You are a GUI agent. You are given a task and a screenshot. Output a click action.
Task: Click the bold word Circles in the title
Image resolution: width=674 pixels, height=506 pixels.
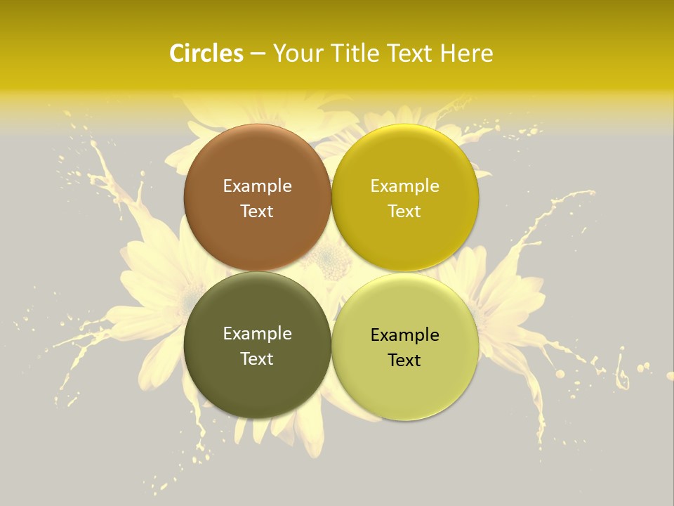206,53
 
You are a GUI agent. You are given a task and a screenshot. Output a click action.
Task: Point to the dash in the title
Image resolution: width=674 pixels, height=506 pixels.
258,54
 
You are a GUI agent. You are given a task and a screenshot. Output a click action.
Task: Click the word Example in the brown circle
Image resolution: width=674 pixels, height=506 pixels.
257,186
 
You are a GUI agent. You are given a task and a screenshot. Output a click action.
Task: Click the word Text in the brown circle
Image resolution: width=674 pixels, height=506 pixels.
257,212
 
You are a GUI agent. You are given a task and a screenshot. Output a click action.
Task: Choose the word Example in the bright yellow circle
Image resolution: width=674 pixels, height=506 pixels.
404,186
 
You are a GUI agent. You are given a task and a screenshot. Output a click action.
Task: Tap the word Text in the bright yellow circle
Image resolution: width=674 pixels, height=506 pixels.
404,212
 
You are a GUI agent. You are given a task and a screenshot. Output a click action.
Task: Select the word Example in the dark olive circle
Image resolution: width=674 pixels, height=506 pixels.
257,334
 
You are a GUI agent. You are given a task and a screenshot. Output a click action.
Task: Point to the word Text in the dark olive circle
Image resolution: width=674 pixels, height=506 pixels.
257,359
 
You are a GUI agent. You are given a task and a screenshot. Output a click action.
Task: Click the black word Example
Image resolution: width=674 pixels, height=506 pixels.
404,335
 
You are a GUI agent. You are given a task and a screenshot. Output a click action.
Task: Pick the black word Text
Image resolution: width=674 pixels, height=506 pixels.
404,361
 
